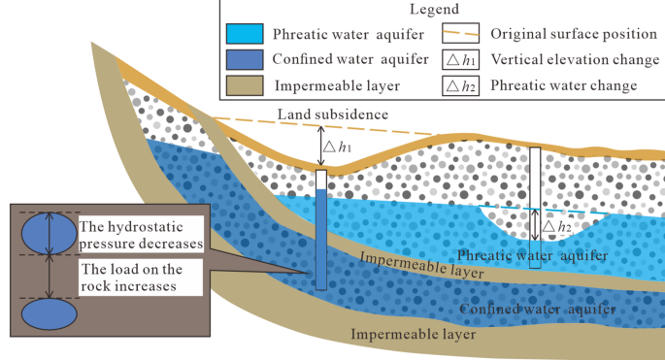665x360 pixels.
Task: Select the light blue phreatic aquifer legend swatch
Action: (x=249, y=34)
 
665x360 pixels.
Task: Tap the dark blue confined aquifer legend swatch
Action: (x=249, y=59)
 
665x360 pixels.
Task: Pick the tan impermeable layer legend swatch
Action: (x=249, y=84)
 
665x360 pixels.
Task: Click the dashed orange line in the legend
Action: (x=457, y=34)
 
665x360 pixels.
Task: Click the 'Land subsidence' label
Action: (x=332, y=115)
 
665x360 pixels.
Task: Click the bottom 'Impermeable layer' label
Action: (x=414, y=335)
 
